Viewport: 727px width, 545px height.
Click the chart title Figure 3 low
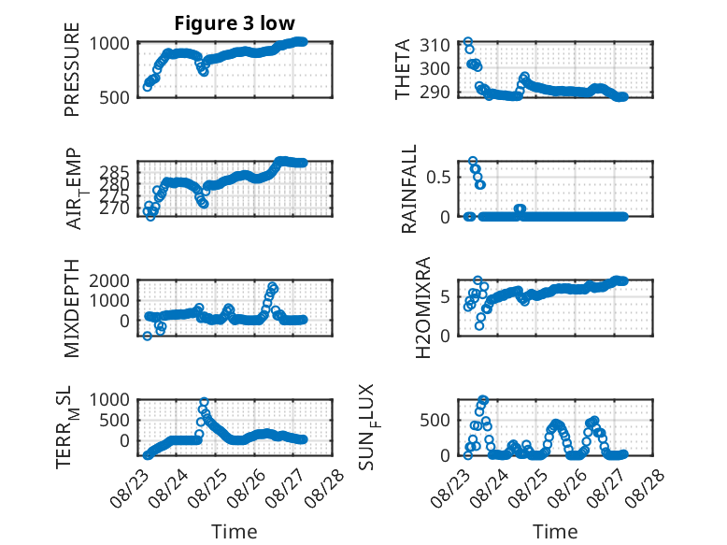pos(235,23)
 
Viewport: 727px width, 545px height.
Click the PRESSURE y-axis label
pos(72,69)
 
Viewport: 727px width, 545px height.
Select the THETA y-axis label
pos(403,69)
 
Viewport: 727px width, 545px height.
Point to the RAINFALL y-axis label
pos(409,188)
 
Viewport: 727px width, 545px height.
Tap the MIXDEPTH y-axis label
pos(72,308)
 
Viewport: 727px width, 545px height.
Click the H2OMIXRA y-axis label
pos(423,308)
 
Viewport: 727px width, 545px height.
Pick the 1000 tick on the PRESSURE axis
pos(109,44)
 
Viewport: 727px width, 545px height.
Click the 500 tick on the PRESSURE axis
pos(114,97)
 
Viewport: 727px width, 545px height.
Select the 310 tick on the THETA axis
pos(435,46)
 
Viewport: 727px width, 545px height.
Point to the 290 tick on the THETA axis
pos(435,92)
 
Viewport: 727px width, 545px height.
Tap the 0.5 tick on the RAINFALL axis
pos(438,178)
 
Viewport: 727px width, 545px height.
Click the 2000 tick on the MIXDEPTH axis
pos(109,280)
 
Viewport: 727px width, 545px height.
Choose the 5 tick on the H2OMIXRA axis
pos(445,296)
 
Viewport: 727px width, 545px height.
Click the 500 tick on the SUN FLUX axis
pos(435,421)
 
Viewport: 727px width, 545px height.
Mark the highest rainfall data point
pos(473,162)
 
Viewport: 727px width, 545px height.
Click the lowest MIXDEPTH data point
pos(147,336)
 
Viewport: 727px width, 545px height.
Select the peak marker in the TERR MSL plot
pos(204,402)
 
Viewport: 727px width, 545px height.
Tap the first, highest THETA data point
pos(468,42)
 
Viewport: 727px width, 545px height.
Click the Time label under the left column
pos(235,532)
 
